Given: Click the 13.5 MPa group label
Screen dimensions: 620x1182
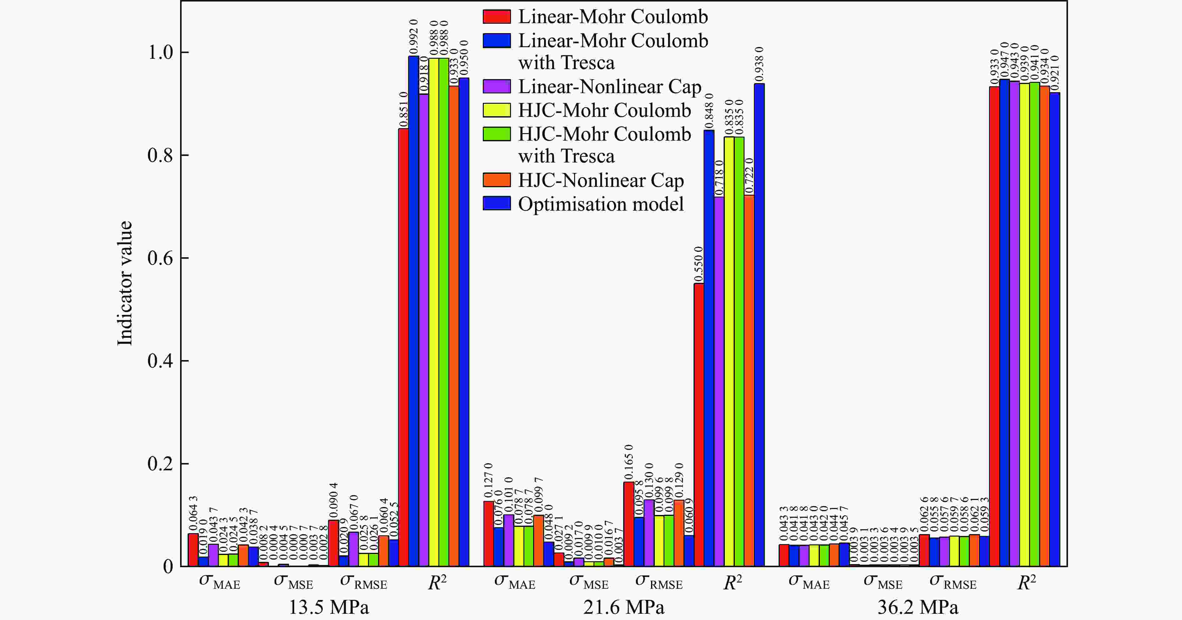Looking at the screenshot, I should click(329, 607).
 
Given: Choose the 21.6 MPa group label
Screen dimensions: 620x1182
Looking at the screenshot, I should click(624, 607).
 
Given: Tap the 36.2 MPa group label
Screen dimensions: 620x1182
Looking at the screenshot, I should click(918, 607).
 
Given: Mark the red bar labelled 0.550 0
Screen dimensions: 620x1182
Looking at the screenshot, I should click(699, 424).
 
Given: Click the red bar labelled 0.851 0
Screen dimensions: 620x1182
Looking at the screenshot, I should click(403, 347).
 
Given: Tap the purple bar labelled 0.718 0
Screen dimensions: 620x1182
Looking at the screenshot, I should click(719, 381).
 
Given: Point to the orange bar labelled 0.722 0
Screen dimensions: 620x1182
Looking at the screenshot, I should click(749, 380).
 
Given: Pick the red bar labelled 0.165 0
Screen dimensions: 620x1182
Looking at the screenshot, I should click(629, 524).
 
